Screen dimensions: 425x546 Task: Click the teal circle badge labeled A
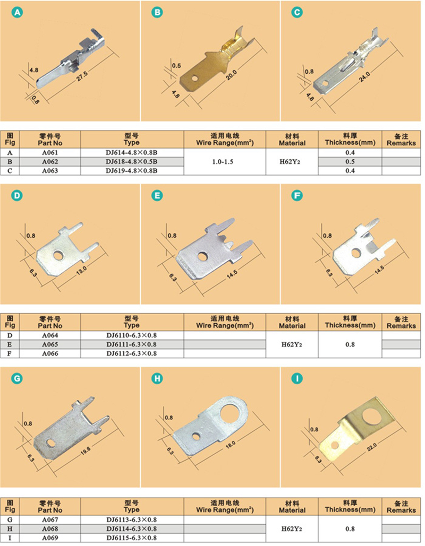pos(17,13)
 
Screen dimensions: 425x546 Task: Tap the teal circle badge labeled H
pos(157,378)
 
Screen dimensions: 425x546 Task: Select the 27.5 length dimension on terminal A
pos(82,76)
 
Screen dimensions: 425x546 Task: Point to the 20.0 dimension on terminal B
pos(231,75)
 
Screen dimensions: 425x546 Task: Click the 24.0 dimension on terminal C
pos(364,76)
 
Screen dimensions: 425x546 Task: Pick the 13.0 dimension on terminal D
pos(81,270)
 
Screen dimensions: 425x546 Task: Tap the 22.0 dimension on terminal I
pos(372,447)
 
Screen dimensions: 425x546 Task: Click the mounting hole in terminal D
pos(59,256)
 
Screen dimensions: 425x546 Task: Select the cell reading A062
pos(50,161)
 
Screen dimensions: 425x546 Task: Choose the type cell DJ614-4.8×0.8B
pos(132,152)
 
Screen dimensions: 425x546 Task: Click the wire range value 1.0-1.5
pos(223,161)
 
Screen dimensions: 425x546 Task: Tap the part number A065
pos(50,344)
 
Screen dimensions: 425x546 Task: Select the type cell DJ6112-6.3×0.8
pos(132,353)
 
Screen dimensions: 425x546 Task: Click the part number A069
pos(50,538)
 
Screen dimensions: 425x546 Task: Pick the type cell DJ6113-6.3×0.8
pos(132,519)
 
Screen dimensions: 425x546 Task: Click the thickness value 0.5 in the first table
pos(350,161)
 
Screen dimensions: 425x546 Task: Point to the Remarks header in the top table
pos(401,140)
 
